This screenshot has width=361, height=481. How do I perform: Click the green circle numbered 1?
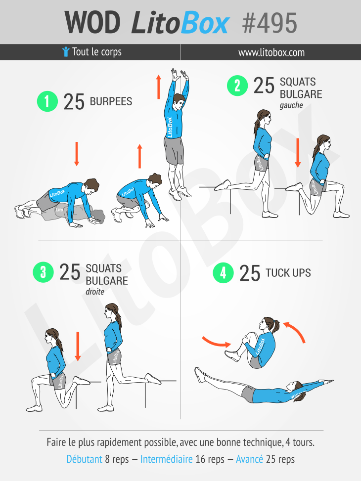click(x=47, y=101)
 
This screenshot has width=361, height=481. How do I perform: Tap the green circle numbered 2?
click(x=237, y=86)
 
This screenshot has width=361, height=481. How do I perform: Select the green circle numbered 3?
click(x=43, y=272)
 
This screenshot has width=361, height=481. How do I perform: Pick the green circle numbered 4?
click(x=223, y=273)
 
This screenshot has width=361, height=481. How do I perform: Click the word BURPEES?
click(x=111, y=101)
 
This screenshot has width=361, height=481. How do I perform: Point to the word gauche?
click(x=291, y=105)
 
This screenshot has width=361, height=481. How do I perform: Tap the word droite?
click(x=95, y=292)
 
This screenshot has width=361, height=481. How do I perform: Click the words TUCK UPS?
click(x=288, y=273)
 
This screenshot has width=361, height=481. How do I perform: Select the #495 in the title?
click(x=270, y=23)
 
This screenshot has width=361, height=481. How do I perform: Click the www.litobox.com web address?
click(x=271, y=52)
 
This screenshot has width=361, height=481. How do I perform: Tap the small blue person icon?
click(x=66, y=51)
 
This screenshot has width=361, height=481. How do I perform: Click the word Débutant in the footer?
click(x=84, y=459)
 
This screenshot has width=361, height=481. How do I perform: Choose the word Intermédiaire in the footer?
click(x=166, y=459)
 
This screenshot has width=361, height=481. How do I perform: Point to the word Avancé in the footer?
click(x=249, y=459)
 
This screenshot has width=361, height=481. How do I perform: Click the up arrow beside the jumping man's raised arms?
click(x=158, y=87)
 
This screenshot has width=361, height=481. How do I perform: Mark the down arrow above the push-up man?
click(x=77, y=154)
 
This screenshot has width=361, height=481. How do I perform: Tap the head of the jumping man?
click(x=179, y=102)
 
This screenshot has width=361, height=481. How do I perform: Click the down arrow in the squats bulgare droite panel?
click(x=78, y=347)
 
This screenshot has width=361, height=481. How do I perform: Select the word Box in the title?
click(x=205, y=23)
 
